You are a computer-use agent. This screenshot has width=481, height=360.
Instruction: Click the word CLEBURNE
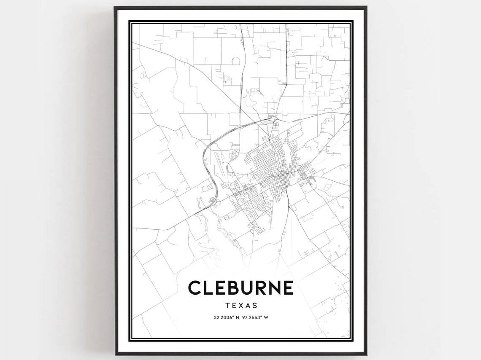coord(240,287)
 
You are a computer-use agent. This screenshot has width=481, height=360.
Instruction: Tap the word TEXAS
coord(241,306)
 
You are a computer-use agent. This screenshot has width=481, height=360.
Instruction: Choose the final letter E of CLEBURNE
coord(288,287)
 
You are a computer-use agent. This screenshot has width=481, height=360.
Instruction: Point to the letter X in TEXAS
coord(241,306)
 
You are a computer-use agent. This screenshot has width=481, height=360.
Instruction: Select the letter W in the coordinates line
coord(266,318)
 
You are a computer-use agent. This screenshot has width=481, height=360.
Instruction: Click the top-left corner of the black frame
coord(115,8)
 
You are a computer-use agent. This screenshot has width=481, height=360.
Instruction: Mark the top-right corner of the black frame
coord(366,8)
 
